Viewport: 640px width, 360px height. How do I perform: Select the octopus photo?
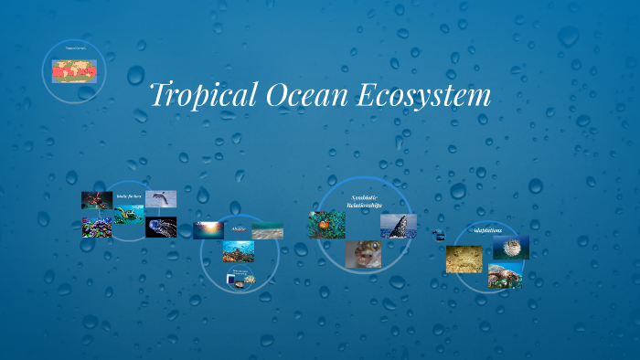pyautogui.click(x=97, y=200)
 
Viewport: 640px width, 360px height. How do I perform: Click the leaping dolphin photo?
pyautogui.click(x=161, y=198)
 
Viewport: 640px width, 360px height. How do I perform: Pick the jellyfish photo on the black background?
pyautogui.click(x=161, y=228)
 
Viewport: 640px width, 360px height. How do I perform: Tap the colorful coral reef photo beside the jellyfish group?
pyautogui.click(x=97, y=227)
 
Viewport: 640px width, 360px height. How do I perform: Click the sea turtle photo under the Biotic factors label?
pyautogui.click(x=129, y=216)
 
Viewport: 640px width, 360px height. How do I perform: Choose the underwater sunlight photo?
pyautogui.click(x=208, y=230)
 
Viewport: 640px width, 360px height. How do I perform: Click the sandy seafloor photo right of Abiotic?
pyautogui.click(x=267, y=230)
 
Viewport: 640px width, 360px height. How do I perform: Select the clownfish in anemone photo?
pyautogui.click(x=326, y=224)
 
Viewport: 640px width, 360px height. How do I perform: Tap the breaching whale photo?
pyautogui.click(x=398, y=225)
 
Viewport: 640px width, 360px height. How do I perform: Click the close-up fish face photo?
pyautogui.click(x=363, y=254)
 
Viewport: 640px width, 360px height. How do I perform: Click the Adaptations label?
pyautogui.click(x=488, y=230)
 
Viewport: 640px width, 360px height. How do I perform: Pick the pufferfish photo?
pyautogui.click(x=511, y=249)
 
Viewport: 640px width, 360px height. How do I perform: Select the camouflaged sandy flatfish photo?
pyautogui.click(x=464, y=259)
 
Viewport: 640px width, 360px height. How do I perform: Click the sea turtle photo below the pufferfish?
pyautogui.click(x=505, y=276)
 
